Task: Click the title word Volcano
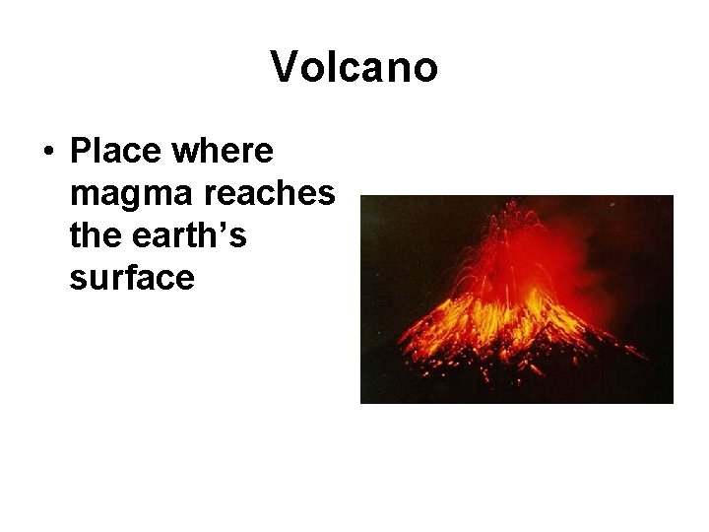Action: (x=354, y=68)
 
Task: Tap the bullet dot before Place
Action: (x=48, y=156)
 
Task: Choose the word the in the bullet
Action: (x=96, y=237)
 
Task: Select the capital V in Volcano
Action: (x=282, y=68)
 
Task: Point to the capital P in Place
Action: (x=82, y=154)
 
